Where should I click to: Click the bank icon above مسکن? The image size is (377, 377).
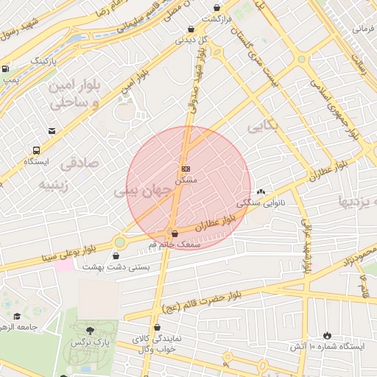(186, 169)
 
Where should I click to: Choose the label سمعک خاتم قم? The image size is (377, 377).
(174, 244)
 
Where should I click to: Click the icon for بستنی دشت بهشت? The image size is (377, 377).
(116, 256)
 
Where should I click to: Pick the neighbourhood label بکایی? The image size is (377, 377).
(263, 126)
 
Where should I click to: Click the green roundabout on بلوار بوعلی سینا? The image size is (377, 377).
(119, 242)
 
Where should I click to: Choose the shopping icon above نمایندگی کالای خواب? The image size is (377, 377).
(157, 328)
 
